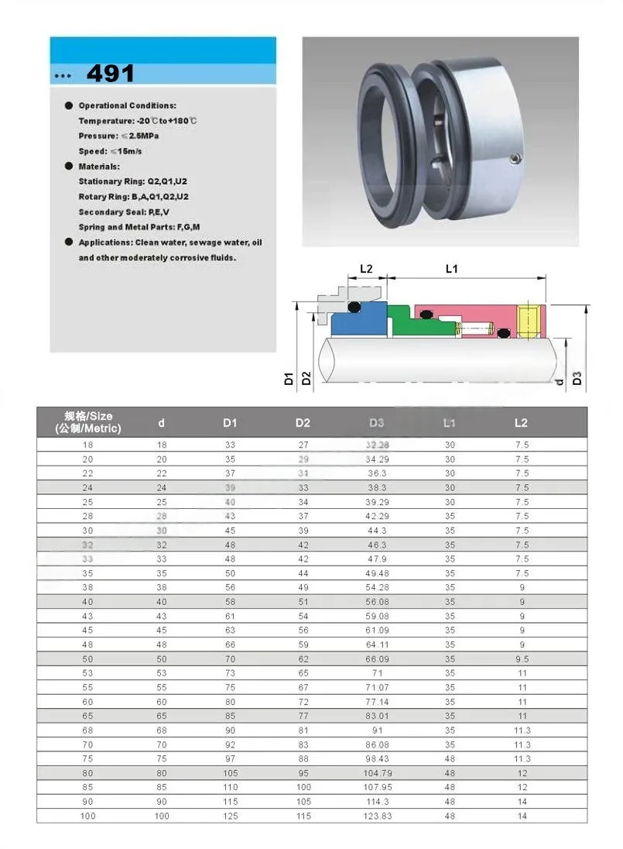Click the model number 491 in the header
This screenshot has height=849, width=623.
[110, 73]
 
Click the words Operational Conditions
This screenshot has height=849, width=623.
[127, 105]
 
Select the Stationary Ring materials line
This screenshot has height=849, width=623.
[133, 181]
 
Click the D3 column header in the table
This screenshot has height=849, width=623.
[376, 422]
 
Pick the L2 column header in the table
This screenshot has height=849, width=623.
[521, 422]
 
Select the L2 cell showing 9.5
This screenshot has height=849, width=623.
[522, 658]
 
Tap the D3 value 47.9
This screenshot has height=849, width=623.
[377, 559]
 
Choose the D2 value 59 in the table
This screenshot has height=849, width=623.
[303, 644]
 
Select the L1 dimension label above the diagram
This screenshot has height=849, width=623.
[452, 269]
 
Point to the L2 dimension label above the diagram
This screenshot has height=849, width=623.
[366, 269]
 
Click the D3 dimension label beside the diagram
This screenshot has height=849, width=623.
[577, 378]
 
